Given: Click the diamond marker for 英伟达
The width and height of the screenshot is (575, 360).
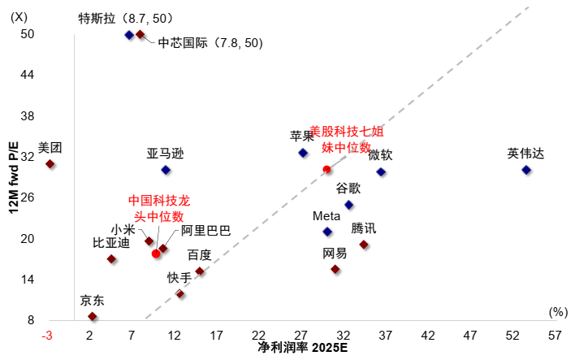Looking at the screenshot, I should pos(526,170).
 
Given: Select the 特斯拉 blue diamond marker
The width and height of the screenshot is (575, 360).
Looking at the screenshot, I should pos(129,35).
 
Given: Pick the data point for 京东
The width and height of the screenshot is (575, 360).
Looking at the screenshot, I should pos(93,316).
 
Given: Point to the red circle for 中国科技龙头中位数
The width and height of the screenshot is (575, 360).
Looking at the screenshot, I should pos(156,254).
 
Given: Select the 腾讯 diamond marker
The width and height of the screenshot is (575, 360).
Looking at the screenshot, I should pos(364,245).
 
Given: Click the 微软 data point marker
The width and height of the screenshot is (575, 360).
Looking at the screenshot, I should pos(381,172).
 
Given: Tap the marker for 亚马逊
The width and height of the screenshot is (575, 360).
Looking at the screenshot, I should pos(166,170).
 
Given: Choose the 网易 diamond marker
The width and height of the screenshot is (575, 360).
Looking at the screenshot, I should pos(335,269).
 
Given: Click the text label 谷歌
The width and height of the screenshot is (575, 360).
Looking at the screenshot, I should pos(350,188).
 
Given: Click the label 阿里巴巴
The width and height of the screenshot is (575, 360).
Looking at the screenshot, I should pos(205,231).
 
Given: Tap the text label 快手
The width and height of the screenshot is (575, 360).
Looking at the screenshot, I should pos(179,277).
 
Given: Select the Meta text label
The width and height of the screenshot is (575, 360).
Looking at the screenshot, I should pos(326,216).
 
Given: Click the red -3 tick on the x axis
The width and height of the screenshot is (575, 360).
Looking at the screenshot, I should pos(48,335).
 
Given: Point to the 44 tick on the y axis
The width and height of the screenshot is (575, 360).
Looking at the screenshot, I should pos(27,75).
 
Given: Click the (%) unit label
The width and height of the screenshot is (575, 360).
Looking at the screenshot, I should pos(557,311).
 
